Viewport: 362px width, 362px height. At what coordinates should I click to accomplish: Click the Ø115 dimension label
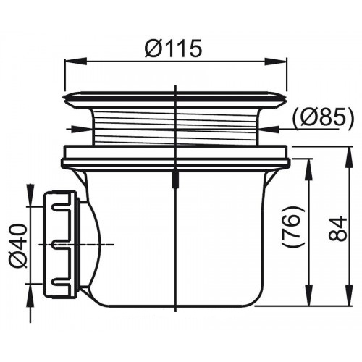pyautogui.click(x=173, y=49)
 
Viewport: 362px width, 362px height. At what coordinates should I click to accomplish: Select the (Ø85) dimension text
pyautogui.click(x=323, y=117)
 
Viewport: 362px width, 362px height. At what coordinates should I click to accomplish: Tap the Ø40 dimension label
pyautogui.click(x=17, y=245)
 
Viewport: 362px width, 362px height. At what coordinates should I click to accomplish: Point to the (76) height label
pyautogui.click(x=292, y=227)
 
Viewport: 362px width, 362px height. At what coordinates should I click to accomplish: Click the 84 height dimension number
pyautogui.click(x=337, y=228)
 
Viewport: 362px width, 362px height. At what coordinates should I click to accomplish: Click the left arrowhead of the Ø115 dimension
pyautogui.click(x=75, y=61)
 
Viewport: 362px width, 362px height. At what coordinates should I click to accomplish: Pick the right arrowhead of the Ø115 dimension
pyautogui.click(x=277, y=61)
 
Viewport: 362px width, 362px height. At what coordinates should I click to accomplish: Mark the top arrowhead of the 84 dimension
pyautogui.click(x=349, y=158)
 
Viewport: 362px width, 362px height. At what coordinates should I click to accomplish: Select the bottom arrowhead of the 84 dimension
pyautogui.click(x=349, y=295)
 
